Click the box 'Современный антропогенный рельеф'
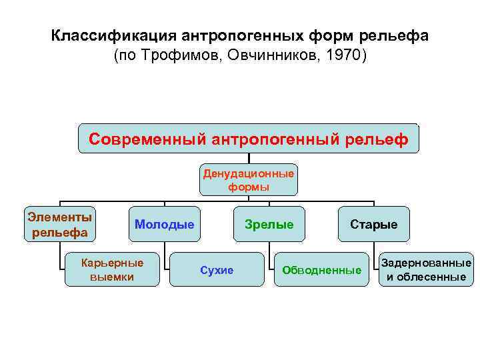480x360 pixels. (x=249, y=139)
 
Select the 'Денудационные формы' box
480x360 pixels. (x=249, y=180)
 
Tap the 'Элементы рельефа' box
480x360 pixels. (x=60, y=224)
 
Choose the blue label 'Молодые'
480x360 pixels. (x=165, y=224)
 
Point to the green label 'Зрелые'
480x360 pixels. (x=269, y=224)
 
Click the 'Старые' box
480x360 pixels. (x=374, y=224)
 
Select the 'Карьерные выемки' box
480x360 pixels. (x=112, y=269)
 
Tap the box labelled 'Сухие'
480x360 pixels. (x=217, y=270)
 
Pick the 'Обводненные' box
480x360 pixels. (x=322, y=270)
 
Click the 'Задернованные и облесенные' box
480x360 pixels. (x=427, y=270)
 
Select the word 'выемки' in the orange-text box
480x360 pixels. (x=112, y=277)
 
